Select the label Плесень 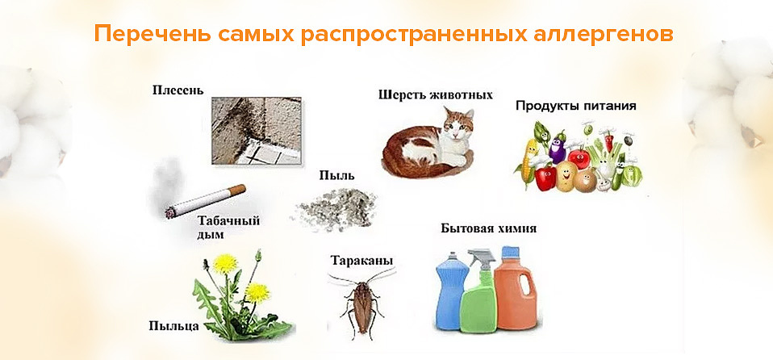[178, 89]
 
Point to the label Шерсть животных [435, 94]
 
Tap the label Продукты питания [576, 106]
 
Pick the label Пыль [336, 174]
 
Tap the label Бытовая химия [488, 228]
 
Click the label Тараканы [361, 261]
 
